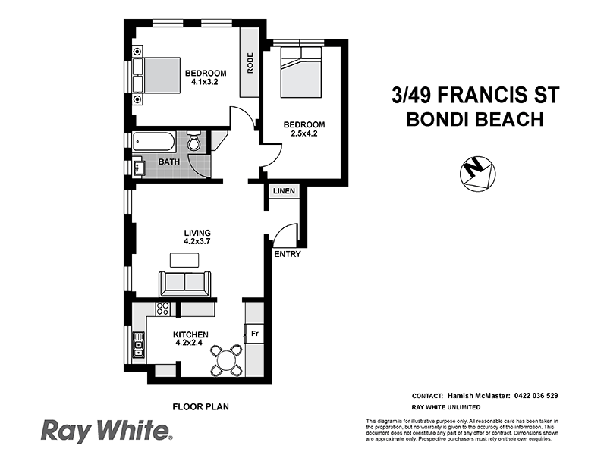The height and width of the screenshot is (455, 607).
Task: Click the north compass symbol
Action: click(x=477, y=172)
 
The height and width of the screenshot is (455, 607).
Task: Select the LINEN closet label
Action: click(x=284, y=190)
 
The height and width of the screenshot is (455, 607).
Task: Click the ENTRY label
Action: click(x=288, y=254)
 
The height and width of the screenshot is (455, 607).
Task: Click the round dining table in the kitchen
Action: click(x=226, y=359)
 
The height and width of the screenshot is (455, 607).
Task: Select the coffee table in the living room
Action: click(x=185, y=260)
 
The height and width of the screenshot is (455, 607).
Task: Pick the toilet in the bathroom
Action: click(x=194, y=142)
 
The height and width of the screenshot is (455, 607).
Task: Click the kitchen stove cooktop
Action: click(x=162, y=309)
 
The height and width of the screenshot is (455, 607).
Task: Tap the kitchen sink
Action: click(x=138, y=347)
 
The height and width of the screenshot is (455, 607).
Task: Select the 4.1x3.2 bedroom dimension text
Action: click(x=205, y=83)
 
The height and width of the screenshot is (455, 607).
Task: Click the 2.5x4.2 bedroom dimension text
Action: click(x=304, y=135)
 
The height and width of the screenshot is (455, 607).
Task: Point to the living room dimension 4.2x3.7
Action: click(x=197, y=242)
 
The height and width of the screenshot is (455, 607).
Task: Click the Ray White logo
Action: click(x=106, y=431)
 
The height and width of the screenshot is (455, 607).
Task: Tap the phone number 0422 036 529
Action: click(x=531, y=396)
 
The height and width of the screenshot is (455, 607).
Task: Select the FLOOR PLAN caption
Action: click(x=201, y=406)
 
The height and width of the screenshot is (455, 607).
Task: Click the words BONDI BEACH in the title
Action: click(x=474, y=119)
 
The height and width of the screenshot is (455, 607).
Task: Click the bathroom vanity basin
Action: click(x=139, y=168)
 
